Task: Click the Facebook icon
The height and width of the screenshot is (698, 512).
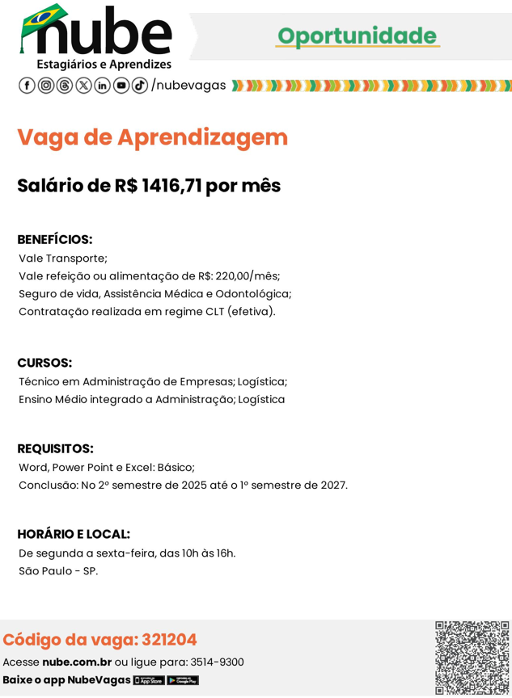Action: point(27,86)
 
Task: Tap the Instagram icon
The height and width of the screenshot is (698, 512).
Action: point(46,86)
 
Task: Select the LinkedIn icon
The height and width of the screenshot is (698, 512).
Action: point(102,86)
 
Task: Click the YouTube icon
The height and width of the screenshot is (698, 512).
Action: point(121,86)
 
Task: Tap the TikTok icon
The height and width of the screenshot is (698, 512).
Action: point(139,86)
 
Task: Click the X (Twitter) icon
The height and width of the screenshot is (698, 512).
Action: point(83,86)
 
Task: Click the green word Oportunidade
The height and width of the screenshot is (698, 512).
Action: point(357,36)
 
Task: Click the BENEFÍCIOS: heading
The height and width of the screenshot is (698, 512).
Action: point(55,240)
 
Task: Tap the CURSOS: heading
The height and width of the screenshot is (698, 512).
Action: point(44,363)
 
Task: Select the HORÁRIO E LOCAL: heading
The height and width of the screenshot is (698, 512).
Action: point(74,534)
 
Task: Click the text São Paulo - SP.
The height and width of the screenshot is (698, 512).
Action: point(58,571)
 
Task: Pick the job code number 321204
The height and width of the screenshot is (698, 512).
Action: point(169,640)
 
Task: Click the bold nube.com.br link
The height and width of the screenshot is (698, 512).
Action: point(77,662)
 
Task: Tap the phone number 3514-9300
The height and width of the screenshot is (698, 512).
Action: point(217,662)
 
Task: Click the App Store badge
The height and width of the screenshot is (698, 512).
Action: point(149,680)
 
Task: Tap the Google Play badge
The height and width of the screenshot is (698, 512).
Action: point(183,680)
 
